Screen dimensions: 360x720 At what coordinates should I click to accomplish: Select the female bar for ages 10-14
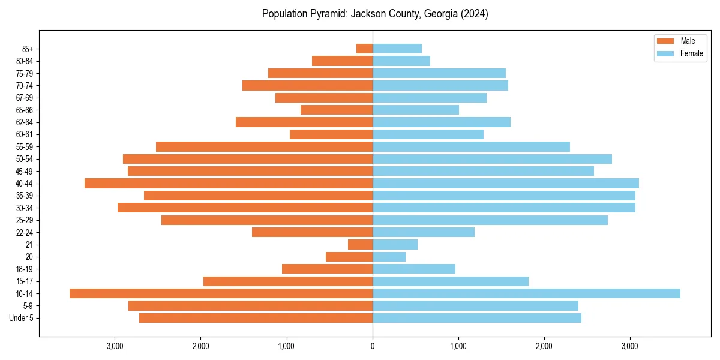pos(526,293)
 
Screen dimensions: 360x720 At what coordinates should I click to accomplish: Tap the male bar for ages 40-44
pos(229,183)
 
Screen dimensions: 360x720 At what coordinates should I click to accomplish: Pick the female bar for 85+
pos(397,49)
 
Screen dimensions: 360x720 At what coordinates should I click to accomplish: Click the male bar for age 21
pos(361,244)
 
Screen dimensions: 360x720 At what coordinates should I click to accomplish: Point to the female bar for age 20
pos(389,257)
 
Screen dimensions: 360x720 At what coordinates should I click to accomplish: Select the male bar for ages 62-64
pos(304,122)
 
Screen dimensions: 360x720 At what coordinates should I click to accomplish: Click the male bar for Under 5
pos(256,318)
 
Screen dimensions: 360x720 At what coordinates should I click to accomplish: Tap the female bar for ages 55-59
pos(471,146)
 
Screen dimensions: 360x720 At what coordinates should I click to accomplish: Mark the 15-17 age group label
pos(25,281)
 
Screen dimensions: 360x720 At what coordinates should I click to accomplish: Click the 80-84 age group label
pos(25,61)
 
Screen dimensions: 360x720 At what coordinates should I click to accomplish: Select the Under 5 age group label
pos(22,318)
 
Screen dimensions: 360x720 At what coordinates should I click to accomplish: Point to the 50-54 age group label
pos(25,159)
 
